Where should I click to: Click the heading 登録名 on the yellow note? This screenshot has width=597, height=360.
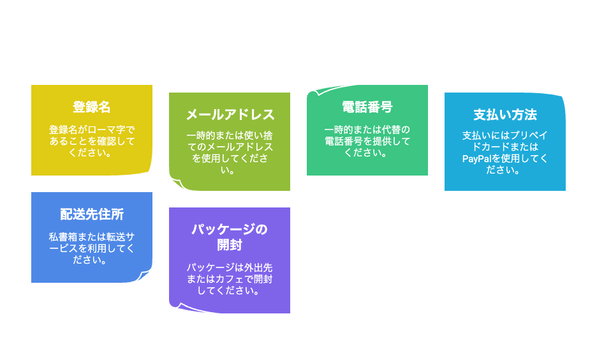pos(92,107)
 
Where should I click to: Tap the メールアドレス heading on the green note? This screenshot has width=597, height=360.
pos(230,115)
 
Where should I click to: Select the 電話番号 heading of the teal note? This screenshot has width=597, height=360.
pos(367,107)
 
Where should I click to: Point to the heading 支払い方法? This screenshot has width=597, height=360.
pos(505,115)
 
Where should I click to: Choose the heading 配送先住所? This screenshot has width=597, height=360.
pos(92,214)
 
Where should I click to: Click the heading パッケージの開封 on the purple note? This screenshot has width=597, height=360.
pos(230,237)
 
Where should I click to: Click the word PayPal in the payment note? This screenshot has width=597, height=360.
pos(476,158)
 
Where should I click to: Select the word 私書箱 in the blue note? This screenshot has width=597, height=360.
pos(63,237)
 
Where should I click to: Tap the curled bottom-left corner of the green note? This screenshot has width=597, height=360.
pos(177,184)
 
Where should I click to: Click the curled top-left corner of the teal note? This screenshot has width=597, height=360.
pos(314,93)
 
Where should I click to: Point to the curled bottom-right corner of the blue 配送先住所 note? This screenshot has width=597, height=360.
pos(145,275)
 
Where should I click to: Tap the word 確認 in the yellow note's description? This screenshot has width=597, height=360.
pos(107,141)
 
